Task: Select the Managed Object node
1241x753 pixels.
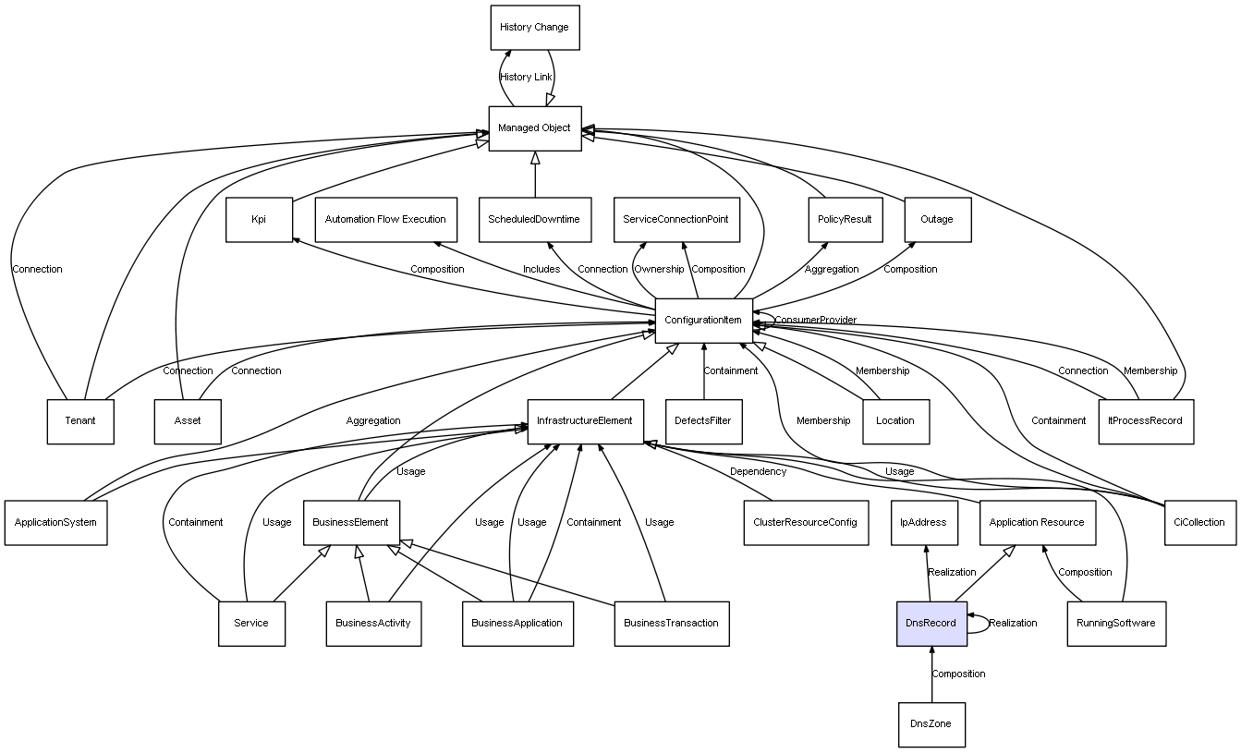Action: coord(534,128)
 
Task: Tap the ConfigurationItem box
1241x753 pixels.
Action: coord(702,320)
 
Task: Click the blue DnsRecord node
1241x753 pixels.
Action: coord(931,623)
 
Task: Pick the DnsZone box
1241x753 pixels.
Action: coord(931,724)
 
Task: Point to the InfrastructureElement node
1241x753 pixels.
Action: coord(584,420)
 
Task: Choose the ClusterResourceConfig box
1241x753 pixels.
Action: coord(805,522)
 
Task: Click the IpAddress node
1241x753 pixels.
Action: coord(924,522)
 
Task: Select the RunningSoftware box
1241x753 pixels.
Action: coord(1115,623)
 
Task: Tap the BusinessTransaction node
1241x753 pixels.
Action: coord(671,623)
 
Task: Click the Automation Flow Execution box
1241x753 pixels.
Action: coord(385,219)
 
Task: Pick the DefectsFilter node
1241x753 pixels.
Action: coord(703,420)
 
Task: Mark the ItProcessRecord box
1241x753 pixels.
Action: coord(1145,420)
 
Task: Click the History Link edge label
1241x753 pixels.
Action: coord(526,77)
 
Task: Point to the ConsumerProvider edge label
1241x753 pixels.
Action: coord(815,320)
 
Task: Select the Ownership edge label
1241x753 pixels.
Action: coord(659,269)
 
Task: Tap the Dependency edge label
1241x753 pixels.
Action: coord(758,471)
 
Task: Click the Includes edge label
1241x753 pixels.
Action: coord(541,269)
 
